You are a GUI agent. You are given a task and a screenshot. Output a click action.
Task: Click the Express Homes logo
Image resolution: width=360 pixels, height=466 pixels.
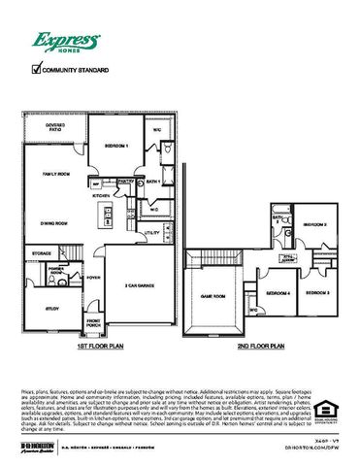[x=67, y=42]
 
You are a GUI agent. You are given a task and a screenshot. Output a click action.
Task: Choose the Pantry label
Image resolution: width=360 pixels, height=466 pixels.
[x=124, y=182]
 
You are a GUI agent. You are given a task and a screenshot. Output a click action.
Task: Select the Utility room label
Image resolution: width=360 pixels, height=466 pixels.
[x=150, y=233]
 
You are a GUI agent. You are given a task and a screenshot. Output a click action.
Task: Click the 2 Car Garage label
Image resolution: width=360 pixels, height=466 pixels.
[x=140, y=286]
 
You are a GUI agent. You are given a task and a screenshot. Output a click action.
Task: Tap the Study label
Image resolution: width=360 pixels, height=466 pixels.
[x=49, y=310]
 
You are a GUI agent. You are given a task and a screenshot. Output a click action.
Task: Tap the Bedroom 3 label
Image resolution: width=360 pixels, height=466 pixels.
[x=317, y=292]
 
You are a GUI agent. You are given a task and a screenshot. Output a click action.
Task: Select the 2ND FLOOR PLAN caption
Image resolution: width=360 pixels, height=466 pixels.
[x=260, y=346]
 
